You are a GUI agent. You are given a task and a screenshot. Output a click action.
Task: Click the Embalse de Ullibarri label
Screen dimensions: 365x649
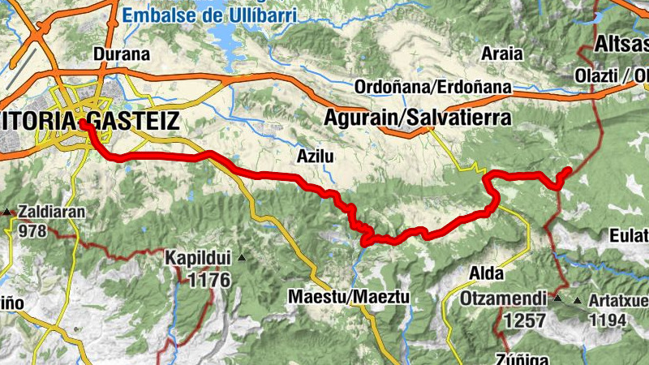pyautogui.click(x=210, y=14)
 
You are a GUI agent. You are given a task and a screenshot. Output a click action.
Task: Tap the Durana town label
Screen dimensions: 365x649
pyautogui.click(x=122, y=55)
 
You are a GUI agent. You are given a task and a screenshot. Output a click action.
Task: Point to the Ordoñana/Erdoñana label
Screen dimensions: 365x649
pyautogui.click(x=433, y=86)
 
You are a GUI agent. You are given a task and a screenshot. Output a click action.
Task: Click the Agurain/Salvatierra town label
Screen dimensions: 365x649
pyautogui.click(x=418, y=118)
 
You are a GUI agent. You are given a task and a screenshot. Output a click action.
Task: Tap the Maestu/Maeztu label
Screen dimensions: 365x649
pyautogui.click(x=349, y=297)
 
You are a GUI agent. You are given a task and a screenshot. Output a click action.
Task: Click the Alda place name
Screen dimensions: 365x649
pyautogui.click(x=485, y=273)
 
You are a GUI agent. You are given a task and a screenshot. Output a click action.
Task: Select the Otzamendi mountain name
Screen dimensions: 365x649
pyautogui.click(x=503, y=298)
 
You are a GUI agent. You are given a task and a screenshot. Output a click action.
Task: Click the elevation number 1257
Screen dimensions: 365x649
pyautogui.click(x=524, y=320)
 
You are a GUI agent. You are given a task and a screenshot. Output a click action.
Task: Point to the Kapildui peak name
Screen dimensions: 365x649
pyautogui.click(x=199, y=259)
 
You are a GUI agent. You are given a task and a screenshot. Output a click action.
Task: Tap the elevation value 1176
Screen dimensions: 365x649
pyautogui.click(x=208, y=281)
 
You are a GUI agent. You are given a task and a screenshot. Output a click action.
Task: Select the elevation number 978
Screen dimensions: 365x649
pyautogui.click(x=32, y=230)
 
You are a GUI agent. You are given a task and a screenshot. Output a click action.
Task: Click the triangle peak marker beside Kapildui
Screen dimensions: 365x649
pyautogui.click(x=241, y=258)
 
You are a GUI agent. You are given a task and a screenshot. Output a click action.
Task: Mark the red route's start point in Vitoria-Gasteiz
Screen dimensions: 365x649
pyautogui.click(x=84, y=124)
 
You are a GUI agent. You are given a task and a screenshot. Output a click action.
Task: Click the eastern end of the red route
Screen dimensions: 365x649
pyautogui.click(x=568, y=170)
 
